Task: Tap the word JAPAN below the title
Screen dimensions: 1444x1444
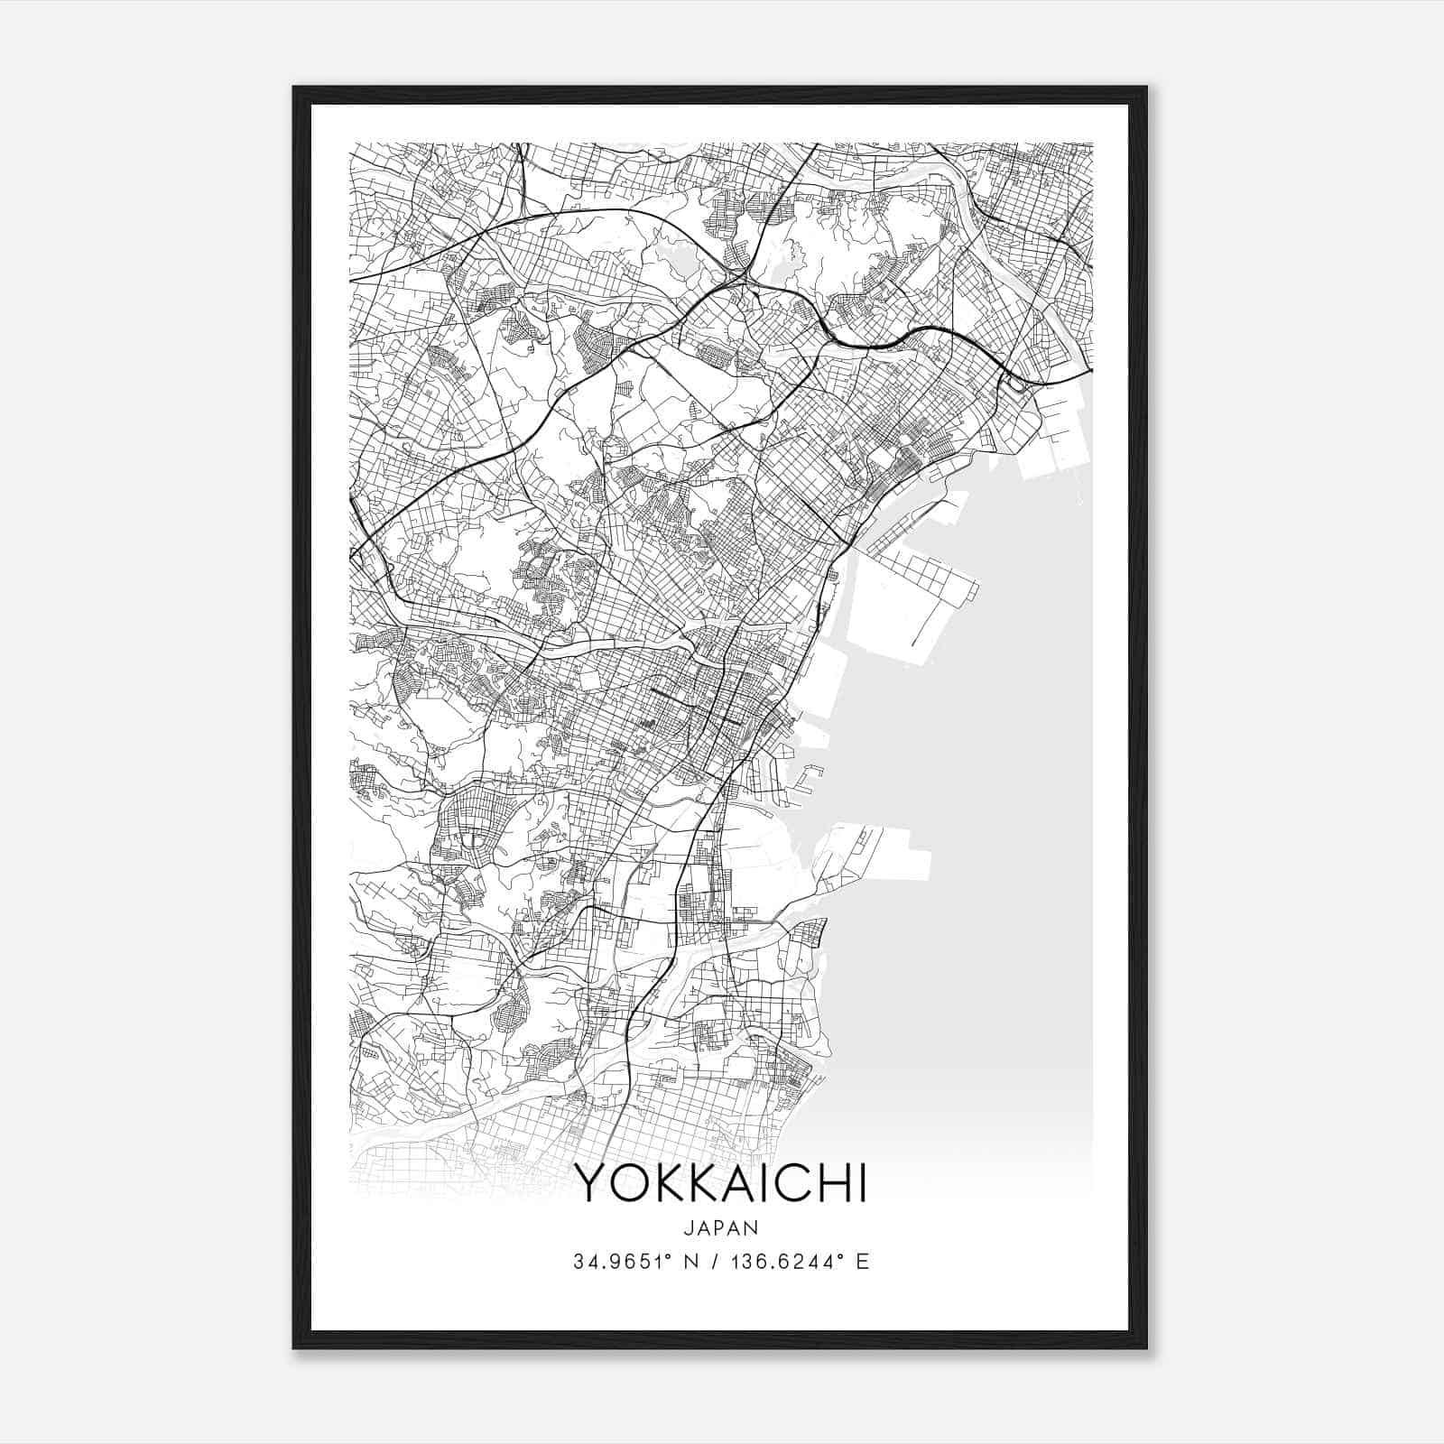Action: (x=721, y=1227)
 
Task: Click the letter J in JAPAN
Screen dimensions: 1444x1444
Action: (x=690, y=1227)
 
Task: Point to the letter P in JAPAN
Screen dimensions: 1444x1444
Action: (x=721, y=1227)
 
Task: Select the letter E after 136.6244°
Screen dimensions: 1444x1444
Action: (x=863, y=1262)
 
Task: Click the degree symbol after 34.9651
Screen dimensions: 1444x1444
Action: (x=664, y=1256)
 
